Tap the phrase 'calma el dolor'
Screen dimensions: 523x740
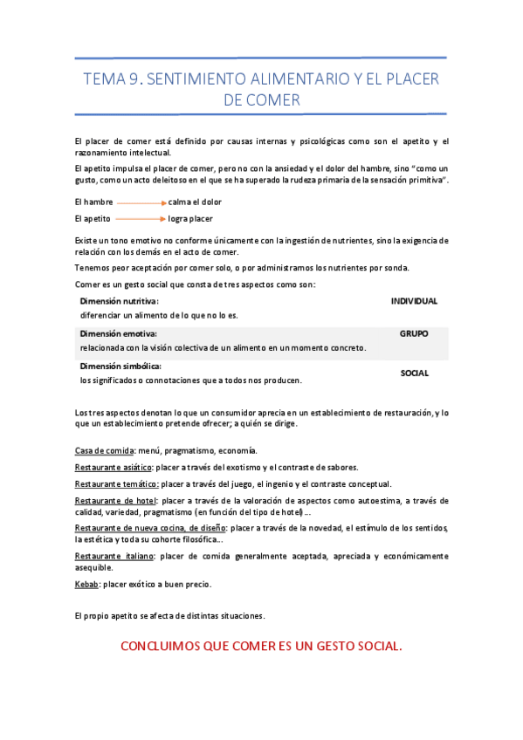[195, 202]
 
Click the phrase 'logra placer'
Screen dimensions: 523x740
[190, 219]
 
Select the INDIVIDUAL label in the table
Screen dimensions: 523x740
[414, 301]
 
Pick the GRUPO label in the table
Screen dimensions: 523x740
[414, 334]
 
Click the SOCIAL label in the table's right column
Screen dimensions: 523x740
[414, 373]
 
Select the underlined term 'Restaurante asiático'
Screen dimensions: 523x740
[114, 468]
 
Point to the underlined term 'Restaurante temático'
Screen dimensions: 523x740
[115, 484]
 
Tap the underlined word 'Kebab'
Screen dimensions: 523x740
[86, 584]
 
